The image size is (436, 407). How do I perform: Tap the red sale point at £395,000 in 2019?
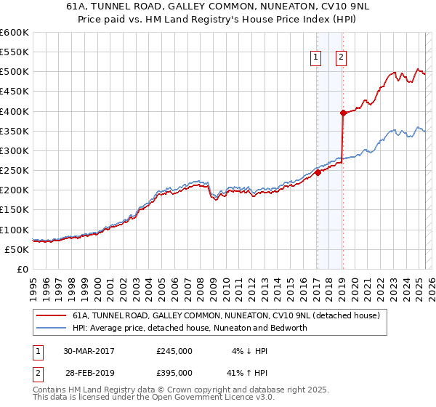(342, 113)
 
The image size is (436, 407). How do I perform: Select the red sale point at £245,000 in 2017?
(318, 172)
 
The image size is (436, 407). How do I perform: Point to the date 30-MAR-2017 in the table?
(88, 350)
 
